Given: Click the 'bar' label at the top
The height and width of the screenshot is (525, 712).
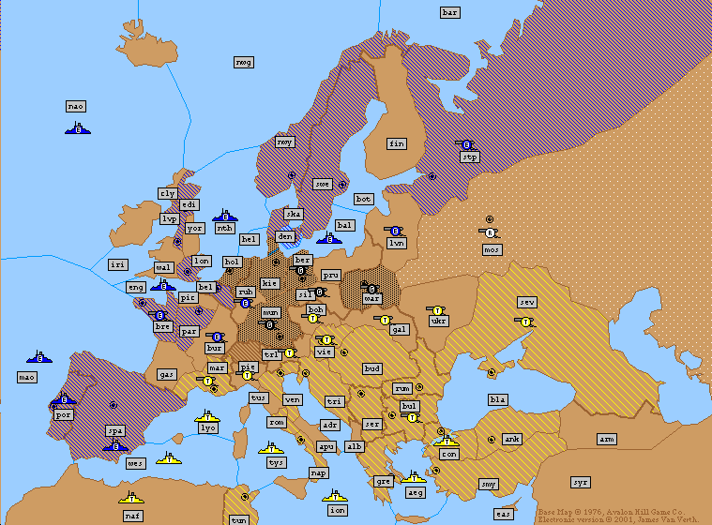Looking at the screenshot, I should tap(450, 12).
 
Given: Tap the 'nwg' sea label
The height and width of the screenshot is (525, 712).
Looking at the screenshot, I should tap(244, 62).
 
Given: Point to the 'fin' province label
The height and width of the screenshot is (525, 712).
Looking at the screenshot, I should tap(397, 143).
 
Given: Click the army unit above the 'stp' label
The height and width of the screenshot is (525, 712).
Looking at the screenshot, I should tap(466, 144).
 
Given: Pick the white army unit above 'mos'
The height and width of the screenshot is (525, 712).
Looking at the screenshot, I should tap(489, 232).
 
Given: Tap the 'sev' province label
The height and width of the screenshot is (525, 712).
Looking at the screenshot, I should tap(526, 302).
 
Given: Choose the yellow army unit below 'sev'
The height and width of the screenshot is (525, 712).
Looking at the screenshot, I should tap(525, 321).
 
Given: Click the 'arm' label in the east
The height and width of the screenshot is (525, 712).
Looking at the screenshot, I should tap(607, 439).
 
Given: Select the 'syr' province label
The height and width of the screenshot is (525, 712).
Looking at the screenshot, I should tap(581, 482).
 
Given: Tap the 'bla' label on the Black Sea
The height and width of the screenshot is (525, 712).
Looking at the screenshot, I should tap(497, 399).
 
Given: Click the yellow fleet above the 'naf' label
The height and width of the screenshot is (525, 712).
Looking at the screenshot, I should tap(131, 497).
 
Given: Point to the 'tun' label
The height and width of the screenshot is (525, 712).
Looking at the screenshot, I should tap(239, 519).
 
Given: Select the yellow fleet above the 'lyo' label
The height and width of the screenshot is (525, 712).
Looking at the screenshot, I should tap(207, 415).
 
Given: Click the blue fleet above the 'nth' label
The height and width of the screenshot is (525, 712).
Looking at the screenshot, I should tap(224, 216).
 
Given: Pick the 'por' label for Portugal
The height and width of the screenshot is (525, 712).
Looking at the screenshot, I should tap(64, 413).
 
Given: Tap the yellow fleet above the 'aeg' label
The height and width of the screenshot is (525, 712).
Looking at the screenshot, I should tap(414, 477).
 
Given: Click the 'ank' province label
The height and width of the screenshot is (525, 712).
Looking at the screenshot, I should tap(511, 439).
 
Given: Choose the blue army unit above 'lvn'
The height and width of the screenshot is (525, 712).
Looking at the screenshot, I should tap(395, 231).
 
